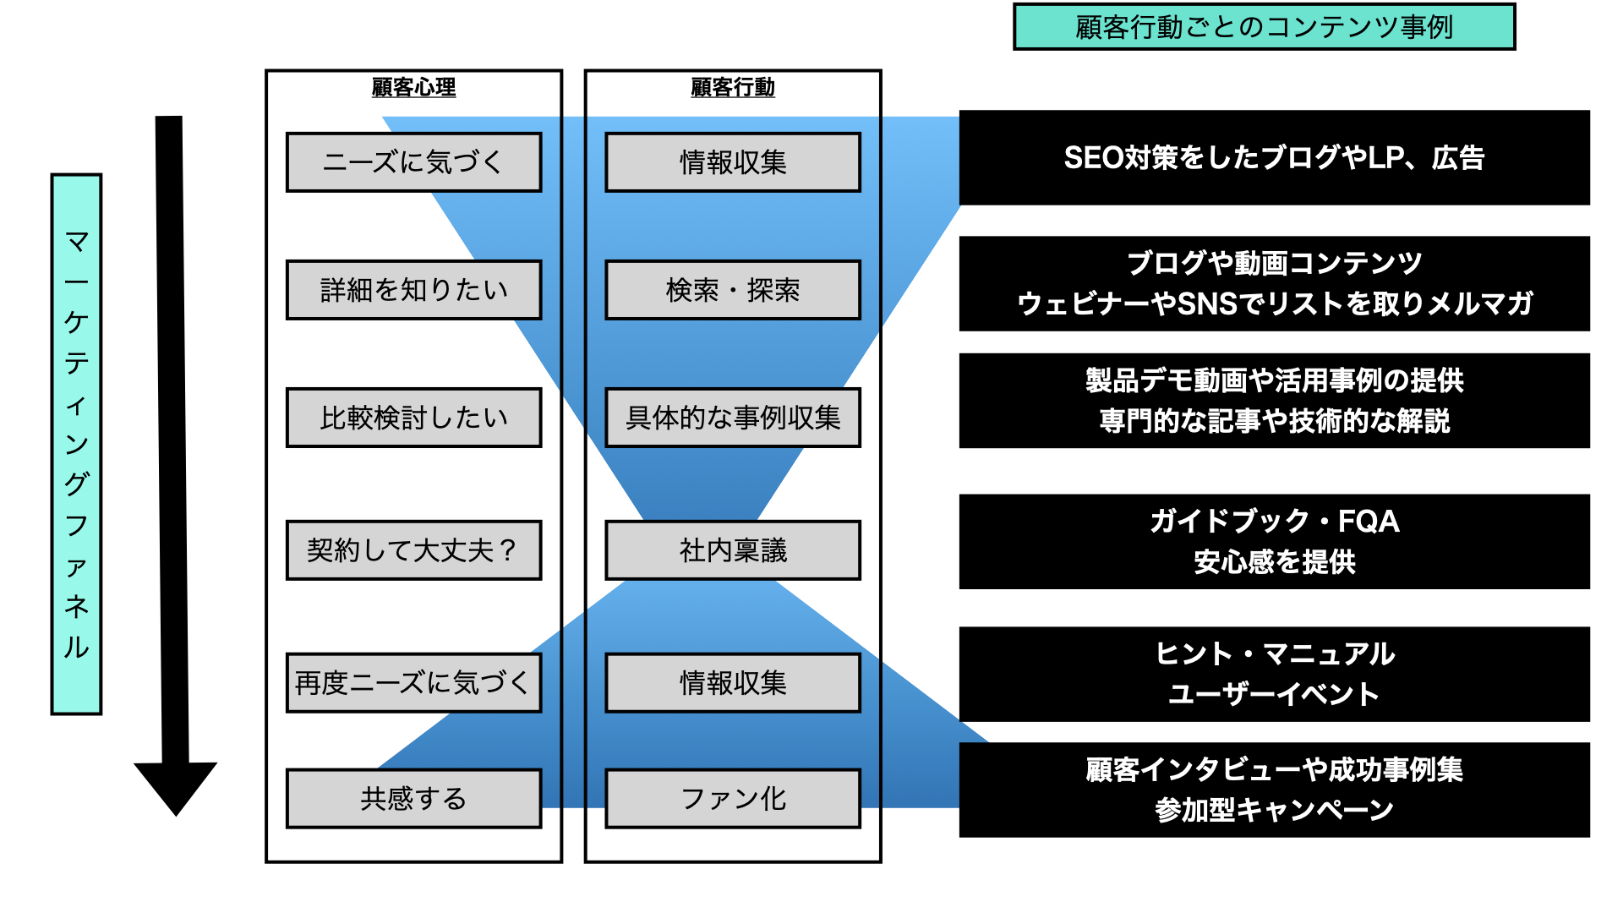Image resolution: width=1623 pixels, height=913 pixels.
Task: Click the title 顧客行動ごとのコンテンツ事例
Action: click(1264, 27)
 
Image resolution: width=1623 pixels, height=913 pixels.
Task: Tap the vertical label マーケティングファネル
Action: click(76, 444)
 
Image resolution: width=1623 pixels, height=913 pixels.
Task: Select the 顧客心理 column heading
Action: click(413, 87)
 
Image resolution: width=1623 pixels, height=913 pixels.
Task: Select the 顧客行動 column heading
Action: click(732, 87)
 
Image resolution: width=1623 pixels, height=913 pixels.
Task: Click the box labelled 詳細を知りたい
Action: click(413, 290)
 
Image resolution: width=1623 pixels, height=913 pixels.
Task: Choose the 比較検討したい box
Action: click(413, 418)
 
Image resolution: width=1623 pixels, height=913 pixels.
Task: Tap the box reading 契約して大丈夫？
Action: click(413, 550)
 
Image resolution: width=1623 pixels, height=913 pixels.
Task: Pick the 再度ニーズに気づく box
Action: click(413, 682)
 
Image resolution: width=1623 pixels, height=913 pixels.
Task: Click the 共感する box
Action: click(413, 798)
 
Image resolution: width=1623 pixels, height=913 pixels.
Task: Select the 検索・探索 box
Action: click(732, 290)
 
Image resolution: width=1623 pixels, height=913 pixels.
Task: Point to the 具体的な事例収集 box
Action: click(732, 418)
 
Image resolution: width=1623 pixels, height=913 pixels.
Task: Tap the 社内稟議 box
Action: click(732, 550)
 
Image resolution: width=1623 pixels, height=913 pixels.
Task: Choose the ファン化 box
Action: click(732, 798)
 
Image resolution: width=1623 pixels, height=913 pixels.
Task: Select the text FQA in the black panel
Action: click(1369, 522)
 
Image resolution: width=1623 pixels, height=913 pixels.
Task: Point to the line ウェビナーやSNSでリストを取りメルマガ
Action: click(1274, 303)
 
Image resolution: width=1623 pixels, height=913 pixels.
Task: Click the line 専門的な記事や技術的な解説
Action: click(1274, 420)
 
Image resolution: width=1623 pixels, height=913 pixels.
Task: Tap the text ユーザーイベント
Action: click(1274, 694)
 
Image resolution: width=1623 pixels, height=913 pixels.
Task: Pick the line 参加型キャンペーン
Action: click(1274, 810)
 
